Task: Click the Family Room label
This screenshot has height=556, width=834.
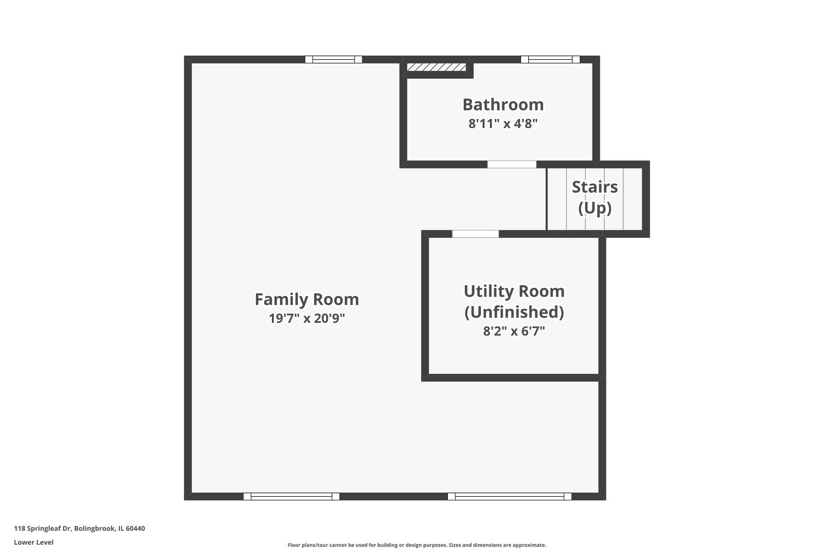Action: point(307,300)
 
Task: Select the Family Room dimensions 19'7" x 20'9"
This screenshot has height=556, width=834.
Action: point(307,318)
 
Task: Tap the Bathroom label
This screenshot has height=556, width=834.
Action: point(503,105)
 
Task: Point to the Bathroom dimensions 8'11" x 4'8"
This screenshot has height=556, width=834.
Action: point(503,123)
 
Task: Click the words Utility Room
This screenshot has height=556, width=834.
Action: point(514,291)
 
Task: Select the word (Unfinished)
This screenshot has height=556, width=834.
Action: point(514,312)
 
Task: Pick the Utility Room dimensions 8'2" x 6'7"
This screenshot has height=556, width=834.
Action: point(514,331)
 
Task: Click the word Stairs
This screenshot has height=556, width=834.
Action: point(595,187)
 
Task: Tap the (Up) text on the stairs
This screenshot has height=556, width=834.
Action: point(595,208)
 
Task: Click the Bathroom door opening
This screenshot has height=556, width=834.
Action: point(512,165)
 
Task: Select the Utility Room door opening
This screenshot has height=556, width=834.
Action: point(476,234)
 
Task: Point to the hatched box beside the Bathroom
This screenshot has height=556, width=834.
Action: point(437,67)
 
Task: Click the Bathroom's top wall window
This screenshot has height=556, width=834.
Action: point(550,60)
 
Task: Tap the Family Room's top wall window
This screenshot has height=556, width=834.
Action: point(334,60)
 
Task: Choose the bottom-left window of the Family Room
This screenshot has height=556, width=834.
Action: point(291,496)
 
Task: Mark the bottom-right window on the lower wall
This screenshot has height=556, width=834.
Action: point(509,496)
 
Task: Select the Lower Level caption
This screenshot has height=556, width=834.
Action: point(34,543)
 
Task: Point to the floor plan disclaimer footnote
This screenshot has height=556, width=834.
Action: point(417,545)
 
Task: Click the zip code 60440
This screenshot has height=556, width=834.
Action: point(135,528)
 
